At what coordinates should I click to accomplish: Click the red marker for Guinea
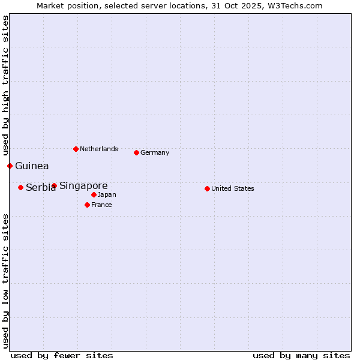(10, 166)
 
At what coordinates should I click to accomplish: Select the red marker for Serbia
(20, 187)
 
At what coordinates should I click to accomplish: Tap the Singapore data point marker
(54, 185)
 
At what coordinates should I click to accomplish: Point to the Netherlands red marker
(76, 149)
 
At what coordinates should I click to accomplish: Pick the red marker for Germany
(136, 152)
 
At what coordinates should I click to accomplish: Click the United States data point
(207, 188)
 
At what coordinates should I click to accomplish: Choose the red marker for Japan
(94, 194)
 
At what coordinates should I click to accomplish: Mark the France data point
(87, 205)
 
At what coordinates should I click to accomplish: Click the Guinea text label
(32, 166)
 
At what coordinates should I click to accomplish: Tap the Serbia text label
(40, 188)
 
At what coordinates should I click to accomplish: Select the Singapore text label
(83, 185)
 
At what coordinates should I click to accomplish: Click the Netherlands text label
(99, 149)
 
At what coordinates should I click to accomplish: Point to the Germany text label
(155, 152)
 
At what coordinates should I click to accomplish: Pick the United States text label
(233, 188)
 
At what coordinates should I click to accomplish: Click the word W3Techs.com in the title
(295, 5)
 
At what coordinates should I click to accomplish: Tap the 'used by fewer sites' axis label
(62, 355)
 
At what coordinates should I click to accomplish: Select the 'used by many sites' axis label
(301, 355)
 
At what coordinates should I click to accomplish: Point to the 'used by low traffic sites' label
(5, 280)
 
